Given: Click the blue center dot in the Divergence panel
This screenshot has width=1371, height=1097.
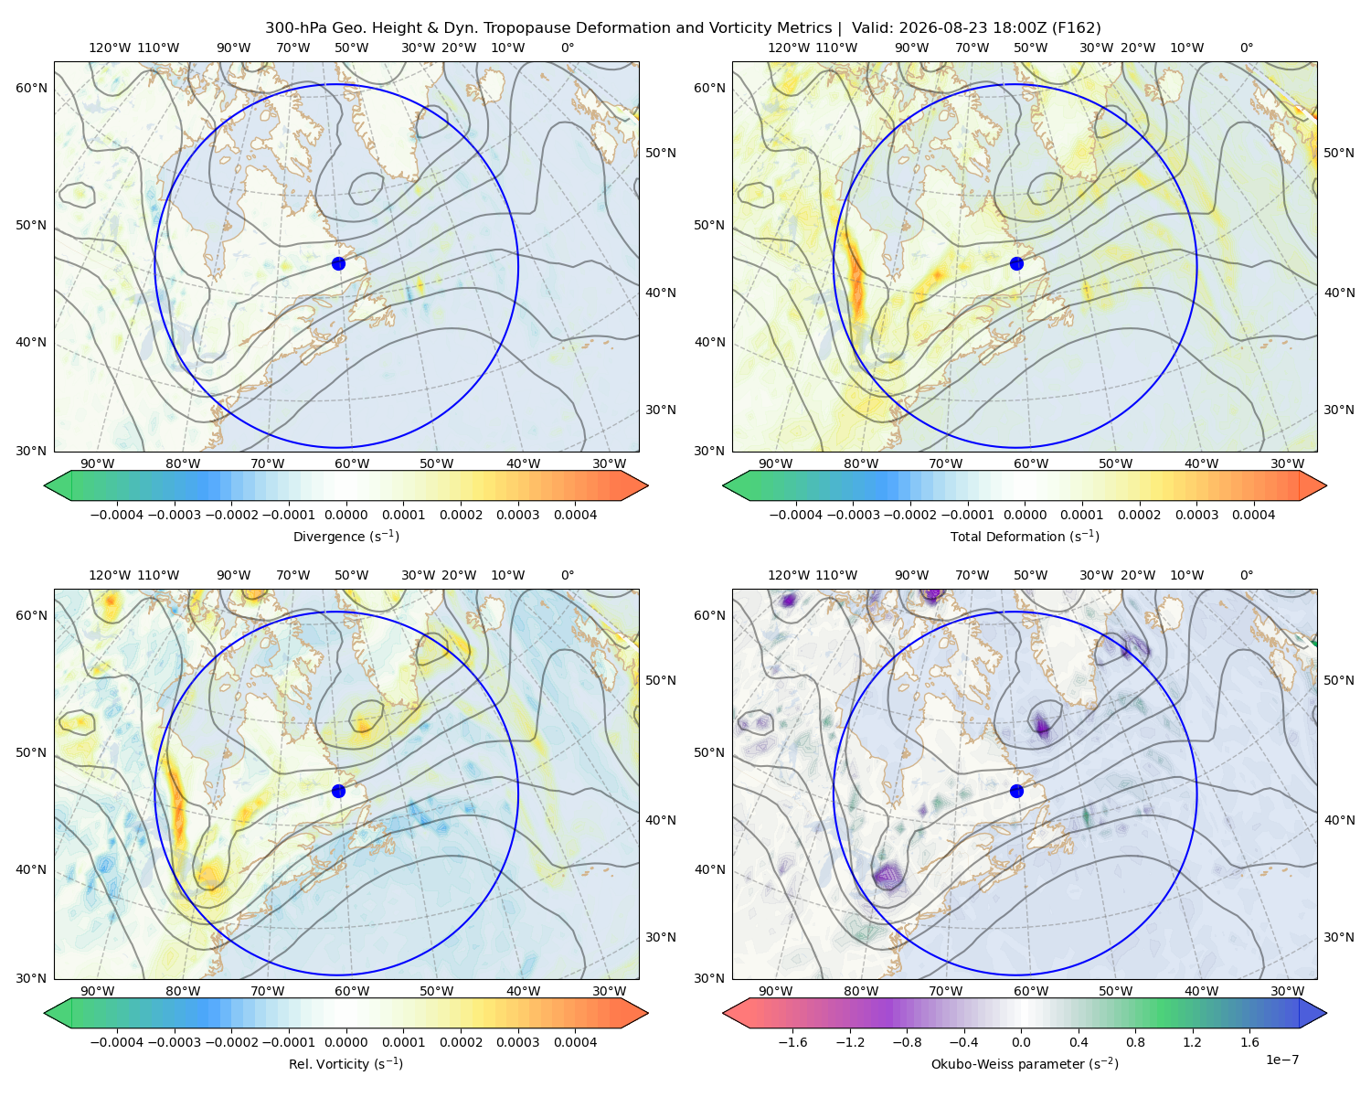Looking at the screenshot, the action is tap(338, 264).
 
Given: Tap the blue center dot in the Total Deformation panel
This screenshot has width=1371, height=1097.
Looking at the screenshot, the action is tap(1016, 264).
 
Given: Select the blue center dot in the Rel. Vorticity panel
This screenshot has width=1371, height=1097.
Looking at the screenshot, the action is tap(338, 791).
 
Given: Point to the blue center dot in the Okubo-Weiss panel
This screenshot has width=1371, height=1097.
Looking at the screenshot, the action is tap(1016, 791).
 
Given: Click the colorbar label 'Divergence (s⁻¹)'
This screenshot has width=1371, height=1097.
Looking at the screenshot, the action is tap(345, 536).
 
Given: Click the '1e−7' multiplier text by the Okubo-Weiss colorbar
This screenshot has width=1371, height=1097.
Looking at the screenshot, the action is tap(1281, 1060).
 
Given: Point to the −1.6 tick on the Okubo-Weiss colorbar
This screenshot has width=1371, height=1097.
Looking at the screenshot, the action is tap(793, 1042).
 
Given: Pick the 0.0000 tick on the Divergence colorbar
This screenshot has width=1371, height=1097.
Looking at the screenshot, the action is tap(345, 515).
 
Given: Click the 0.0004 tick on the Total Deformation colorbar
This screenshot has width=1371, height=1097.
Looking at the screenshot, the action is tap(1253, 515).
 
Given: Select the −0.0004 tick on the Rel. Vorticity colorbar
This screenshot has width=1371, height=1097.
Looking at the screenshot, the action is tap(117, 1042).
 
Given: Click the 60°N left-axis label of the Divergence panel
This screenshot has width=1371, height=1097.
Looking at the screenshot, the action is tap(31, 88).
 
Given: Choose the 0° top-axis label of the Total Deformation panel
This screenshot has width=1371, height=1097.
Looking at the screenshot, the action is tap(1246, 48).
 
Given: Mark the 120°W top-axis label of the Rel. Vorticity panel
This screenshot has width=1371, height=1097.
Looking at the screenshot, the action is tap(110, 575).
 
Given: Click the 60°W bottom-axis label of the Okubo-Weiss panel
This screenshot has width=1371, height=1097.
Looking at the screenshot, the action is tap(1031, 991).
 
